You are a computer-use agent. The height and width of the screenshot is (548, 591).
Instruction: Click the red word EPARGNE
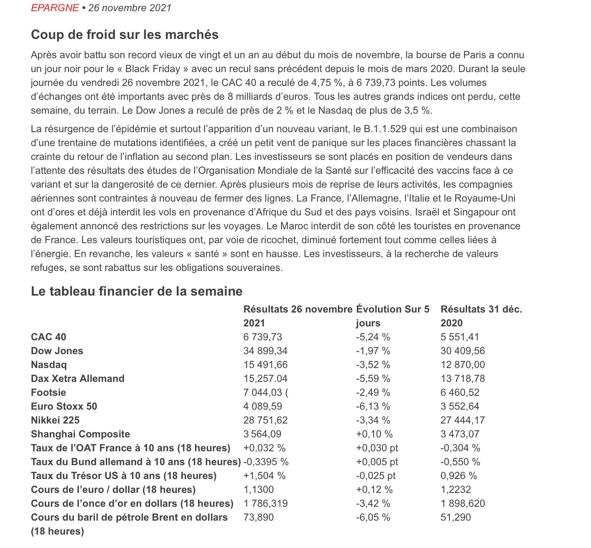click(x=55, y=8)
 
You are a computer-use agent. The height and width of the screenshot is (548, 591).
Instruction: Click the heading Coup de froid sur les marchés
click(x=125, y=35)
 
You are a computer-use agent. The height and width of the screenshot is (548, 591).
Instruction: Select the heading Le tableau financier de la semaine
click(x=137, y=291)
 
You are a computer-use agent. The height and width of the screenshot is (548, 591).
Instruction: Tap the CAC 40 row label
click(x=48, y=337)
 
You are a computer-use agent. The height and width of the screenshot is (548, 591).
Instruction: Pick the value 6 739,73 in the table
click(x=263, y=337)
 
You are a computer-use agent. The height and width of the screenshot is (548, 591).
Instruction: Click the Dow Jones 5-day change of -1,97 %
click(x=373, y=351)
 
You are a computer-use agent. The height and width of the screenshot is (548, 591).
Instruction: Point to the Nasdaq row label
click(x=49, y=365)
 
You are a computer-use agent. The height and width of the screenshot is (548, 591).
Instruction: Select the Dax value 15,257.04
click(x=265, y=379)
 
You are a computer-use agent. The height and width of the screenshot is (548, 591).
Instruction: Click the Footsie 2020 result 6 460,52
click(x=460, y=393)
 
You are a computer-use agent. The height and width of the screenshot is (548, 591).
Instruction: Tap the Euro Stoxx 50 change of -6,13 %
click(x=373, y=407)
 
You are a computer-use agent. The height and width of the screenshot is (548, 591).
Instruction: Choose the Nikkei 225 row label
click(x=55, y=420)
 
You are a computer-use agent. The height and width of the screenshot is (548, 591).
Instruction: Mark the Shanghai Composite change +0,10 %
click(x=374, y=434)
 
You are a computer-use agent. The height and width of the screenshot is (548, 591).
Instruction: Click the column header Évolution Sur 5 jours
click(x=393, y=316)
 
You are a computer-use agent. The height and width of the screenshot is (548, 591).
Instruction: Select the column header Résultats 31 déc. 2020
click(x=481, y=316)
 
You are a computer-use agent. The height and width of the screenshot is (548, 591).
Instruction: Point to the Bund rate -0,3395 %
click(x=266, y=462)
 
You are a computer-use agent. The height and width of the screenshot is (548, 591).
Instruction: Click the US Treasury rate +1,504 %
click(x=265, y=476)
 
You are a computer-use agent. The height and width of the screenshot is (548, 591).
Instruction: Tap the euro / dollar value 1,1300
click(x=259, y=490)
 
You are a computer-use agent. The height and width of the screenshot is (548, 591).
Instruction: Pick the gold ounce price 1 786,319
click(x=265, y=504)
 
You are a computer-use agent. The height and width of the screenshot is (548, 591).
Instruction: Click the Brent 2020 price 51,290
click(x=456, y=518)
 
